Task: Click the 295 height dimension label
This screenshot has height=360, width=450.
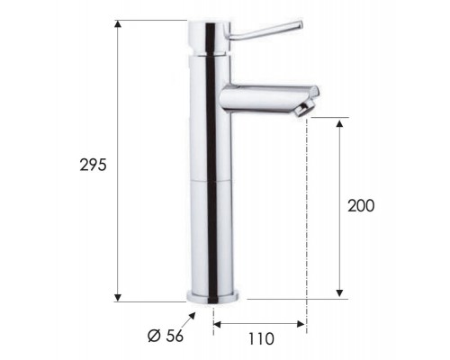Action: coord(93,165)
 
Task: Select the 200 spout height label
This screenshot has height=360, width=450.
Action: coord(361,206)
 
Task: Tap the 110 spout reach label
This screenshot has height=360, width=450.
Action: coord(261,339)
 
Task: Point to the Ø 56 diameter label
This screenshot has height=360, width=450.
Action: coord(166,336)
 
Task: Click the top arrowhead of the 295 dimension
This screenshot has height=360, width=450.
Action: coord(118,24)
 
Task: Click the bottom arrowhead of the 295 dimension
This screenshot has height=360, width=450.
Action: coord(118,297)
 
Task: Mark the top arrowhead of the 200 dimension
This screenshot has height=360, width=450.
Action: coord(339,124)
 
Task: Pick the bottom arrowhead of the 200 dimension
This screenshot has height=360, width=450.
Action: coord(339,292)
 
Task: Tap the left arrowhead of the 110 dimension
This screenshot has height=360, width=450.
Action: coord(217,324)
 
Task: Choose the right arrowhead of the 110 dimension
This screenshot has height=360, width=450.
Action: coord(301,324)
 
